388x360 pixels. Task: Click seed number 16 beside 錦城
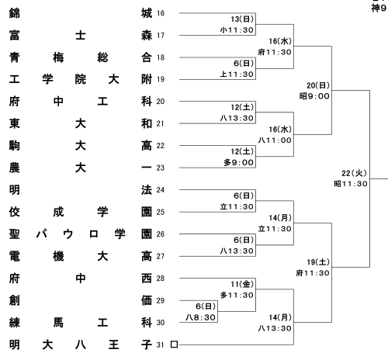161,13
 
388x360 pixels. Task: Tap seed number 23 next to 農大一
161,168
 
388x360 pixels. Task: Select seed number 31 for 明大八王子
161,344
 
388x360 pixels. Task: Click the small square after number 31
174,344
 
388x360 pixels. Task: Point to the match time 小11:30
237,30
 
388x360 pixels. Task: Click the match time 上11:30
237,74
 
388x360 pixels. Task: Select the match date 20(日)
318,85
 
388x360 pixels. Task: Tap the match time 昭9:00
314,96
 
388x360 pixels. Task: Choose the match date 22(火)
354,173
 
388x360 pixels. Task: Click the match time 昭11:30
351,184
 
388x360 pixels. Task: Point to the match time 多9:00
238,163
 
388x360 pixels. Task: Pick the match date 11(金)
242,284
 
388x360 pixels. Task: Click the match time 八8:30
200,317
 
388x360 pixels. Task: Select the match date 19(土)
318,262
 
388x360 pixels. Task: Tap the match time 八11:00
275,140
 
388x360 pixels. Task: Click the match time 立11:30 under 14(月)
275,229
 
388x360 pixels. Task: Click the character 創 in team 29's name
15,300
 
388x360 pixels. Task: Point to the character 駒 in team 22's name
15,146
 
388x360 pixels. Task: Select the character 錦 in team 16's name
15,13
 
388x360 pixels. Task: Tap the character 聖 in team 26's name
15,234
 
